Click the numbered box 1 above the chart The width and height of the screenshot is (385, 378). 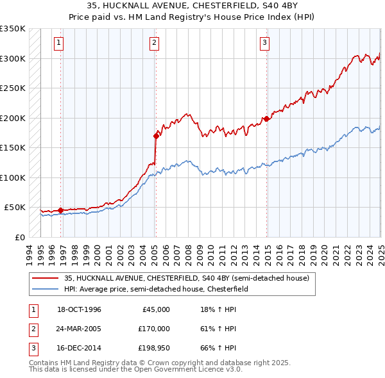tap(58, 43)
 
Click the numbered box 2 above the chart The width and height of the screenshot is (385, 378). tap(155, 43)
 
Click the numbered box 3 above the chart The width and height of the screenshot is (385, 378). tap(264, 43)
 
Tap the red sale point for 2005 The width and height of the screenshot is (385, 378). tap(156, 136)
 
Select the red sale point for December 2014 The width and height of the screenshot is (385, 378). tap(266, 119)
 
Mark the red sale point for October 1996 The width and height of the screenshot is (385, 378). tap(61, 210)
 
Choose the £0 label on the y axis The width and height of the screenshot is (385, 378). tap(20, 237)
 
